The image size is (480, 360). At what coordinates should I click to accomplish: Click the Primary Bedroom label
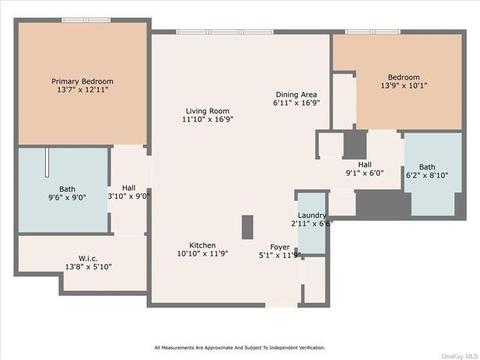click(82, 82)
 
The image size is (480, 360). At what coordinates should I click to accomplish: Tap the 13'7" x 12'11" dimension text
click(82, 90)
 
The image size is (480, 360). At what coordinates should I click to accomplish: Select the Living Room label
click(208, 111)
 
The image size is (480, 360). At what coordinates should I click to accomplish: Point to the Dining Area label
click(296, 94)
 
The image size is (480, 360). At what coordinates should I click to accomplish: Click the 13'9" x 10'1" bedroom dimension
click(403, 85)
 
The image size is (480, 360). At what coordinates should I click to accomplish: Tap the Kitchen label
click(202, 245)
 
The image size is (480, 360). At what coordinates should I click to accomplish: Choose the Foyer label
click(280, 247)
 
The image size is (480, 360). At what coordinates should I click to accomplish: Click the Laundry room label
click(312, 215)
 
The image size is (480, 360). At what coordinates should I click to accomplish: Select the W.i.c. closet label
click(88, 258)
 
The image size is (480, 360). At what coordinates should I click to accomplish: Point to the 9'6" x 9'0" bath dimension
click(67, 197)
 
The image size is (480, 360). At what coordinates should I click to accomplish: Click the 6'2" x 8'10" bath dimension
click(427, 175)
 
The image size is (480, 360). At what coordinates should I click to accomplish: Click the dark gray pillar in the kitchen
click(247, 227)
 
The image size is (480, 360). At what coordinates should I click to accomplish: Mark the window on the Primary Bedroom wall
click(86, 20)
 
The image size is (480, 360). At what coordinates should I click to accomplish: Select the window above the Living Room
click(225, 31)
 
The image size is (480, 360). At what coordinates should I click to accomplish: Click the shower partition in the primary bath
click(46, 163)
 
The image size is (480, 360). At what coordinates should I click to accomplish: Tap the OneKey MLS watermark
click(460, 356)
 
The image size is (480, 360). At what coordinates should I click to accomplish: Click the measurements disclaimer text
click(240, 347)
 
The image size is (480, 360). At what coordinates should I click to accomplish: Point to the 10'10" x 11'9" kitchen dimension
click(202, 253)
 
